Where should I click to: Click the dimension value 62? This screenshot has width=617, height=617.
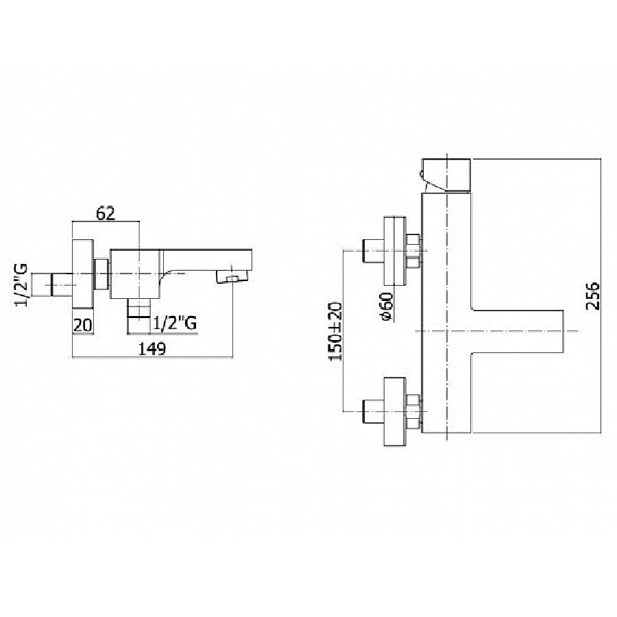pyautogui.click(x=106, y=213)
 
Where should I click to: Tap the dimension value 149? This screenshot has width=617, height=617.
pyautogui.click(x=153, y=349)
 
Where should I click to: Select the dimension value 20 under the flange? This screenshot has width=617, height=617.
pyautogui.click(x=83, y=326)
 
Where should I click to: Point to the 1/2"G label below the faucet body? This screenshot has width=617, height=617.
pyautogui.click(x=175, y=323)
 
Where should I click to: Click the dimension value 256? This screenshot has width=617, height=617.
pyautogui.click(x=592, y=296)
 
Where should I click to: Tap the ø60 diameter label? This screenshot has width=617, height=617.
pyautogui.click(x=387, y=306)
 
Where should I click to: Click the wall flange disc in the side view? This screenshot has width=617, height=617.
pyautogui.click(x=84, y=274)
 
